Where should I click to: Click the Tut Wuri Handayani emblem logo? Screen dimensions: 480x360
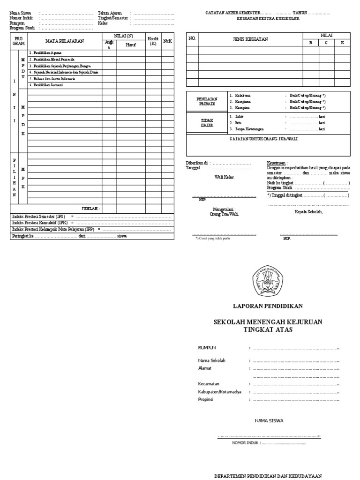(268, 280)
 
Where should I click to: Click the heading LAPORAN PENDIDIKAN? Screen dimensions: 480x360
(268, 306)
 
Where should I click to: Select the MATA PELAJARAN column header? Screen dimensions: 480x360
(64, 41)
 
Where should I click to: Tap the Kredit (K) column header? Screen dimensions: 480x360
(153, 41)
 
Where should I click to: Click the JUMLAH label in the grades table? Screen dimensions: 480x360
(91, 208)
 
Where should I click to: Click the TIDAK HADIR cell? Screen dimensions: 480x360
(207, 123)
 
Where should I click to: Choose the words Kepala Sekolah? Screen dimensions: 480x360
(308, 211)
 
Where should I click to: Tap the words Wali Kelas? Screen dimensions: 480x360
(225, 177)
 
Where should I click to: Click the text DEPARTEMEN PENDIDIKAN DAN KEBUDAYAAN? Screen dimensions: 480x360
(268, 476)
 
